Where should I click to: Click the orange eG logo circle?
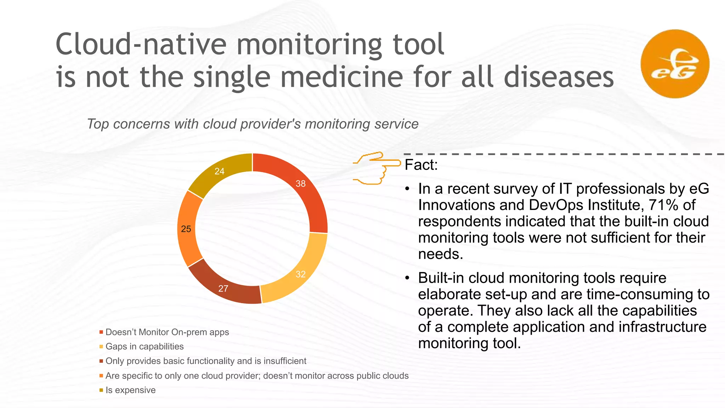pos(675,64)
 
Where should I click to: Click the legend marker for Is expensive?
pos(101,390)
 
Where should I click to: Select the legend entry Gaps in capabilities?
pos(144,346)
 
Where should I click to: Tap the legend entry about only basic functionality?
pos(206,361)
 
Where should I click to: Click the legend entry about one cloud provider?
pos(257,376)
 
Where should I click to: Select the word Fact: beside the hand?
pos(421,165)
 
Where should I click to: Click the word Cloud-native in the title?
pos(141,44)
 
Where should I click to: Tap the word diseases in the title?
pos(558,77)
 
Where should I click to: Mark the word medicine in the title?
pos(342,77)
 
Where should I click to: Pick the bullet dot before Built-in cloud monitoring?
pos(407,278)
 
